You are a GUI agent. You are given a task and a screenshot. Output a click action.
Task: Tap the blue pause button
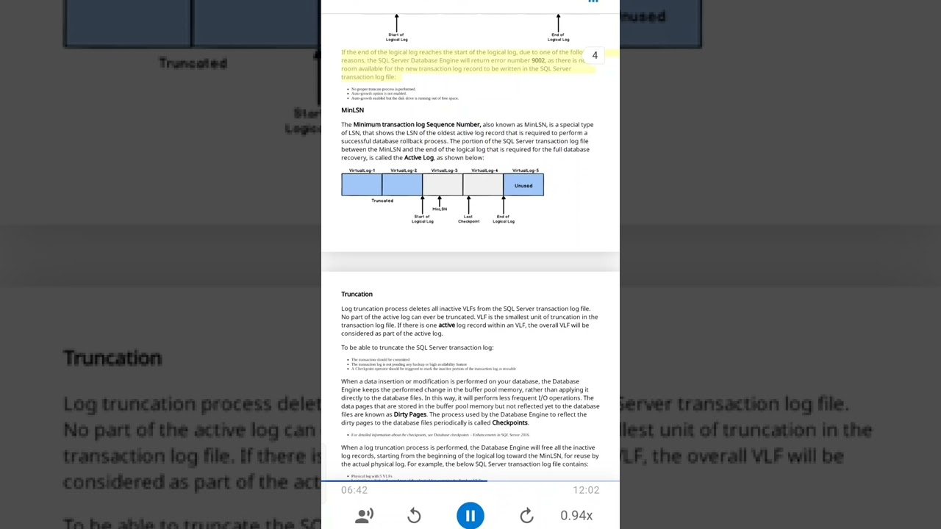470,515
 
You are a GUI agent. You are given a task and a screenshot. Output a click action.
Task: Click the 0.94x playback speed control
576,515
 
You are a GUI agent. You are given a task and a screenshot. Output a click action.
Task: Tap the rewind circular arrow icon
414,516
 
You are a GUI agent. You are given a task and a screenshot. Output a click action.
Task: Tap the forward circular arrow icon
526,516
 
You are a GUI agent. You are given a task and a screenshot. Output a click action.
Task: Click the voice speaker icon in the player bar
364,516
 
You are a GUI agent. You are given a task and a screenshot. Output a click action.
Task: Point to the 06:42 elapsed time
354,490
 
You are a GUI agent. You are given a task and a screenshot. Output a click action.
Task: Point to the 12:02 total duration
586,490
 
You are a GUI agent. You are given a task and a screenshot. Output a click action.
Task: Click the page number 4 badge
595,55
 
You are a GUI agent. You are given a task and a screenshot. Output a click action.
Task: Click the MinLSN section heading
352,110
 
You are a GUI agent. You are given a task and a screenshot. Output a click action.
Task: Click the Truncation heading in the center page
357,294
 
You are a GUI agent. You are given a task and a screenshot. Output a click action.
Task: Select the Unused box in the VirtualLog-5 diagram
523,185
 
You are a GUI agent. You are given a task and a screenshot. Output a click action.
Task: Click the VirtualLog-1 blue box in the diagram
362,185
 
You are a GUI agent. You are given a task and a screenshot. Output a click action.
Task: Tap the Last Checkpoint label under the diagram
468,219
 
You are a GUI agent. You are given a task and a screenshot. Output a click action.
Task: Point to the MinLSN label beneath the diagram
440,209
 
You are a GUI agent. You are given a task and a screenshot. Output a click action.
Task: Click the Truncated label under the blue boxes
382,201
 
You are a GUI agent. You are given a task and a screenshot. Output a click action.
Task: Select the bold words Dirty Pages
410,414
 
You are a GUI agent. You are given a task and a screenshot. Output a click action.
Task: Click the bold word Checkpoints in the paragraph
509,422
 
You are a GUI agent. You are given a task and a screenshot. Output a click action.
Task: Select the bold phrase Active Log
419,157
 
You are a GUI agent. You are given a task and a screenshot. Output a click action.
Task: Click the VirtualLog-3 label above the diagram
444,170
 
